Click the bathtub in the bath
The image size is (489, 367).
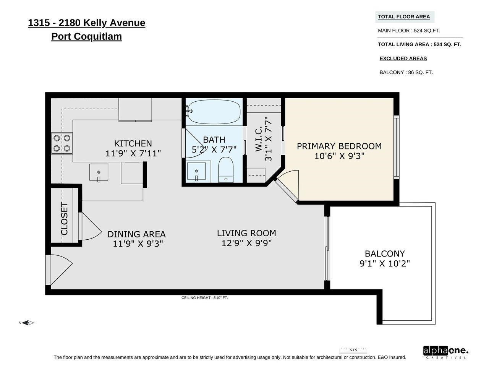(214, 112)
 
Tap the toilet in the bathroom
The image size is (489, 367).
(226, 170)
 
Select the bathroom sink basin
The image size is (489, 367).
(196, 171)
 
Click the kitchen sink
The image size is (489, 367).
(99, 172)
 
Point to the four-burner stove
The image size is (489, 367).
(62, 143)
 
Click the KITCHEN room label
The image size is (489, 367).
(133, 143)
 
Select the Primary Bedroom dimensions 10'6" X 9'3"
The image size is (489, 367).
(339, 156)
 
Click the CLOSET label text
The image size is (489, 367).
(65, 219)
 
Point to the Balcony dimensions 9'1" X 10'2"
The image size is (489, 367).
(385, 264)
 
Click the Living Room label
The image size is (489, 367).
(246, 233)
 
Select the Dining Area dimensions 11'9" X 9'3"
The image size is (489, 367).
(138, 244)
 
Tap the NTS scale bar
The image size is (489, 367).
(353, 350)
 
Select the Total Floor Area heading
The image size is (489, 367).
(404, 17)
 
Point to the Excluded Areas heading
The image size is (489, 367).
(403, 58)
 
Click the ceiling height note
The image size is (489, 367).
(204, 298)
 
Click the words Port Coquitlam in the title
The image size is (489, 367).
(86, 36)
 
